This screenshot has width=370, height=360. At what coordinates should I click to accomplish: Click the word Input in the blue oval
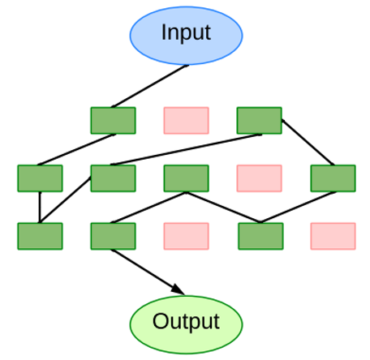tap(186, 32)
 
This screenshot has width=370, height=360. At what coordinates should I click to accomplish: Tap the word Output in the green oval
tap(186, 322)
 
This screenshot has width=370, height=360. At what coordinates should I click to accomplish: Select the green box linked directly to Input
tap(113, 121)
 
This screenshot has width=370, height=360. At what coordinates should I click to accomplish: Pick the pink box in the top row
tap(187, 121)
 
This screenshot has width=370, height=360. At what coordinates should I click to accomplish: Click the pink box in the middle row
tap(260, 178)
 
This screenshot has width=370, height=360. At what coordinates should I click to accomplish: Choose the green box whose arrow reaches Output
tap(113, 236)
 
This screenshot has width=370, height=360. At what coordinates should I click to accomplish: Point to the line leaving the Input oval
tap(150, 86)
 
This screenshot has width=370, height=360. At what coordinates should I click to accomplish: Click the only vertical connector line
tap(40, 208)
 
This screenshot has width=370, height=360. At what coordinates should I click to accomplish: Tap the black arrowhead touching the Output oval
tap(178, 289)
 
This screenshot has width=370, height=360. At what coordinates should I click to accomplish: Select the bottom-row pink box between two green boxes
tap(187, 236)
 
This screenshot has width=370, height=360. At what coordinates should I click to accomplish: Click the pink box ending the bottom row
tap(333, 236)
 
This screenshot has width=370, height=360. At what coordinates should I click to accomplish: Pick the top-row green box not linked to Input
tap(260, 121)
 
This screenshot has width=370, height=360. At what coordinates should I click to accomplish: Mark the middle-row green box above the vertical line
tap(40, 178)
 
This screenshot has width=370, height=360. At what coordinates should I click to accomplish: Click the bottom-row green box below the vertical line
tap(40, 236)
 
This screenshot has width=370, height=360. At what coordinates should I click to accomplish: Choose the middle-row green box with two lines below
tap(187, 178)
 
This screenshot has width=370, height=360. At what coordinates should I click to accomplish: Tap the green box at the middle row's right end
tap(333, 178)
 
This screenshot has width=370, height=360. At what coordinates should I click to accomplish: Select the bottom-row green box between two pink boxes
tap(260, 236)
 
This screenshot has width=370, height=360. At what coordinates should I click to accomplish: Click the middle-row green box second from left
tap(113, 178)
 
